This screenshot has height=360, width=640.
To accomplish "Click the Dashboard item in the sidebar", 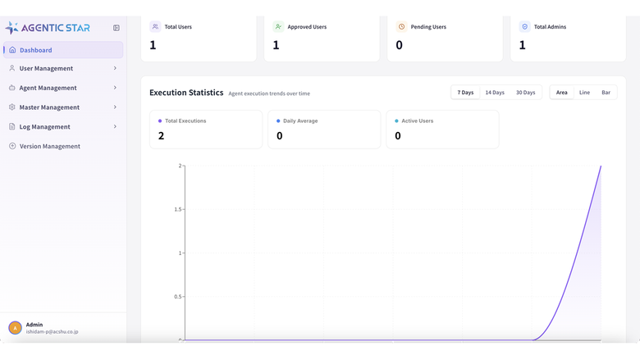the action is click(63, 50).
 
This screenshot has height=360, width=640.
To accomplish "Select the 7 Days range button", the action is click(465, 93).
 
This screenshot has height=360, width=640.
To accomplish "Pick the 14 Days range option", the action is click(495, 93).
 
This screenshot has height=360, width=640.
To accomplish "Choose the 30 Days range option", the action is click(525, 93).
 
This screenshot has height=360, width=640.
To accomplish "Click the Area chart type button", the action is click(561, 93).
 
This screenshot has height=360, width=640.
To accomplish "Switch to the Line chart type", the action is click(584, 93).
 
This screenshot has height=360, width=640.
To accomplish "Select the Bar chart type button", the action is click(606, 93).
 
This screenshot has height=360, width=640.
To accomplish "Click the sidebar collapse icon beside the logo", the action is click(117, 28).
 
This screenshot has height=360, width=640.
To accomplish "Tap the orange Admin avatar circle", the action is click(15, 328).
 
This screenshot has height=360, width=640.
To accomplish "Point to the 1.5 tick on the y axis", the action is click(178, 209).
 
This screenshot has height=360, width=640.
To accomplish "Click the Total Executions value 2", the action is click(161, 136).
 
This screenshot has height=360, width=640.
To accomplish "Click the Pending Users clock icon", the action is click(401, 26).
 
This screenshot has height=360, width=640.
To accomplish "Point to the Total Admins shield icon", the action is click(525, 26).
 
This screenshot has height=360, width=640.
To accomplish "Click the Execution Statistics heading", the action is click(186, 93).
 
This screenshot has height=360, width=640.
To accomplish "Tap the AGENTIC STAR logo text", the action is click(56, 28).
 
